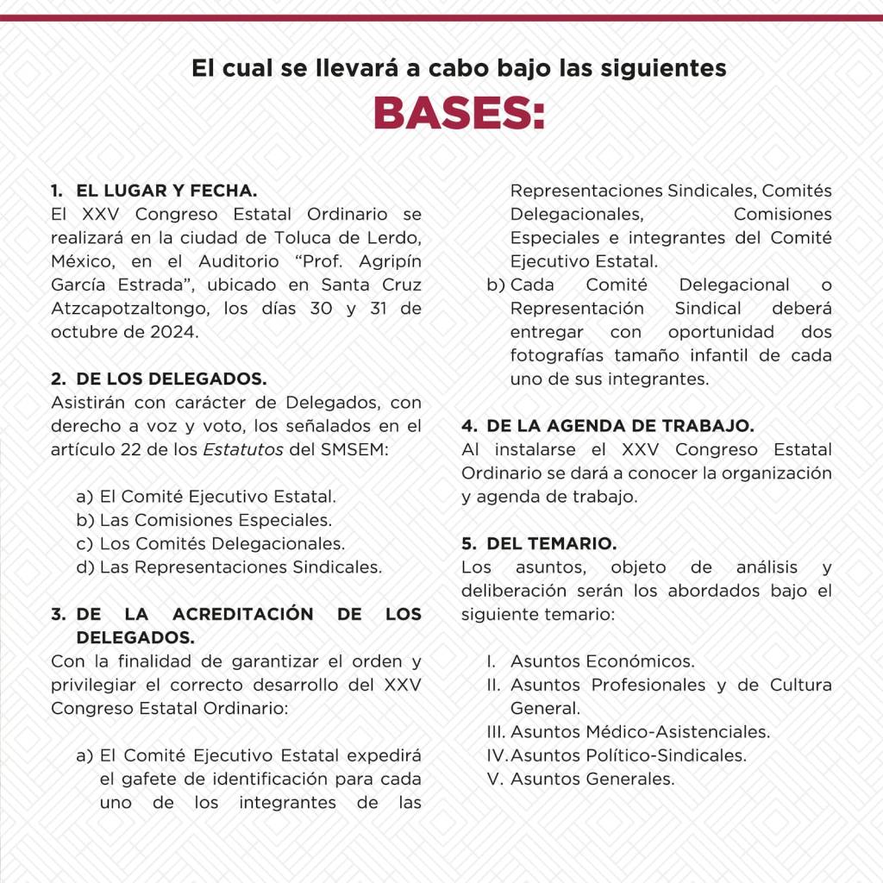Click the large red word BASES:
pyautogui.click(x=459, y=112)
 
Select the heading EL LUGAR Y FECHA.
pyautogui.click(x=166, y=191)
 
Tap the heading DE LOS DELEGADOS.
pyautogui.click(x=172, y=379)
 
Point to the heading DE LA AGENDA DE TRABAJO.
pyautogui.click(x=620, y=426)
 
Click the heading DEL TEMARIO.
pyautogui.click(x=551, y=544)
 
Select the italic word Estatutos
pyautogui.click(x=232, y=449)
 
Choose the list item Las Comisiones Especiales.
pyautogui.click(x=216, y=520)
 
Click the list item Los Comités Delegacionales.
pyautogui.click(x=222, y=544)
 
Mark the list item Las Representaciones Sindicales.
pyautogui.click(x=241, y=567)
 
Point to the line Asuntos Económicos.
pyautogui.click(x=602, y=661)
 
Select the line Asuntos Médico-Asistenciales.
pyautogui.click(x=640, y=732)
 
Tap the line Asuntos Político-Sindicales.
pyautogui.click(x=628, y=755)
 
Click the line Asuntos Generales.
pyautogui.click(x=592, y=780)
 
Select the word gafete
pyautogui.click(x=153, y=780)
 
